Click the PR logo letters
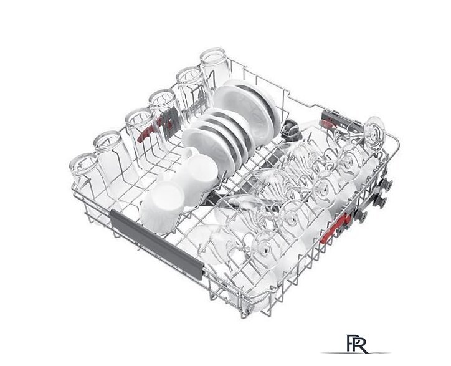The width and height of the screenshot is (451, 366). click(x=357, y=344)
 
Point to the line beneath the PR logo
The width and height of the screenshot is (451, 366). click(x=356, y=352)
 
